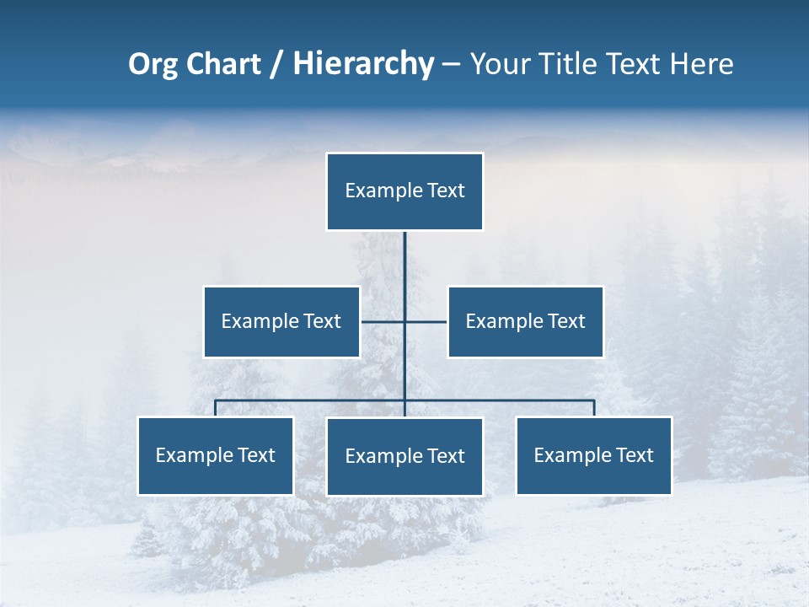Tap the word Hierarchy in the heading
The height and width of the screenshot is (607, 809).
point(362,64)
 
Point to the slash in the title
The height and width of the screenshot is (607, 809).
point(276,64)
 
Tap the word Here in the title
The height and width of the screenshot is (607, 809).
point(701,64)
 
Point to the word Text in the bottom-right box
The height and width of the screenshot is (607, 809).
point(634,455)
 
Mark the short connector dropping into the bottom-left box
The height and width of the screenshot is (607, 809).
point(215,408)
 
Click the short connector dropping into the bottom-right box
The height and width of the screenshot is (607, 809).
point(594,408)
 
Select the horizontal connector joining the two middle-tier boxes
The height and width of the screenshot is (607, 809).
point(383,321)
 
